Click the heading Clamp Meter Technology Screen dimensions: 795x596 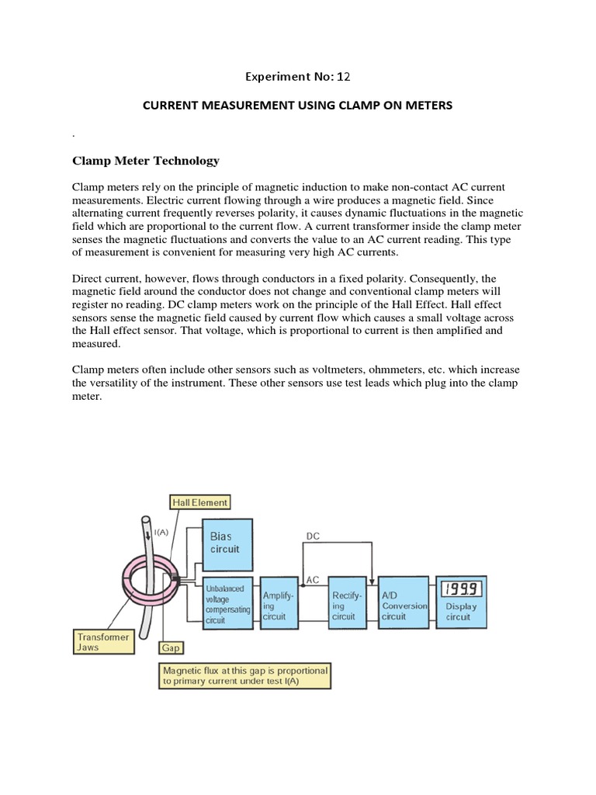(x=145, y=161)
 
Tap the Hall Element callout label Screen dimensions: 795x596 (x=200, y=502)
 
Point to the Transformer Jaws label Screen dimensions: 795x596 (x=102, y=641)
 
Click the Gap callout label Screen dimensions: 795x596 (x=170, y=646)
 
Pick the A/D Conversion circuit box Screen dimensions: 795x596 (x=404, y=602)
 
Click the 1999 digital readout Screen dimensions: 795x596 (x=461, y=588)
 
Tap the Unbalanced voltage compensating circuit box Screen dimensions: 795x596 (x=227, y=603)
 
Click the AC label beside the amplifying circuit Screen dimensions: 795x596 (x=313, y=580)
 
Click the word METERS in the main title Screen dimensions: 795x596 (x=425, y=105)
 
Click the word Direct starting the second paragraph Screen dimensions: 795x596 (x=89, y=278)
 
